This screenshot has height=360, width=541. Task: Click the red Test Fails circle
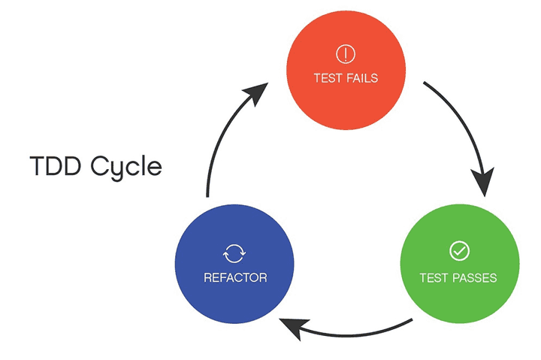345,68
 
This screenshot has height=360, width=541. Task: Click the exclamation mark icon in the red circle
345,54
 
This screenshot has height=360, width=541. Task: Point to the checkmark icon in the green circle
458,251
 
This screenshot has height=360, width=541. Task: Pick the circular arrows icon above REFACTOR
235,253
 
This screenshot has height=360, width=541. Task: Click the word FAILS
361,78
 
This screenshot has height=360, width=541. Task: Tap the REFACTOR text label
235,278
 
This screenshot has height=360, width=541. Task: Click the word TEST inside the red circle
327,78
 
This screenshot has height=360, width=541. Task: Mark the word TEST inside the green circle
434,278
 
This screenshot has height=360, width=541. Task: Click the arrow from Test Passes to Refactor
353,331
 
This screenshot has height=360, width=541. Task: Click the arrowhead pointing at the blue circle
295,327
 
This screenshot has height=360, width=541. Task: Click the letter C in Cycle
101,166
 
